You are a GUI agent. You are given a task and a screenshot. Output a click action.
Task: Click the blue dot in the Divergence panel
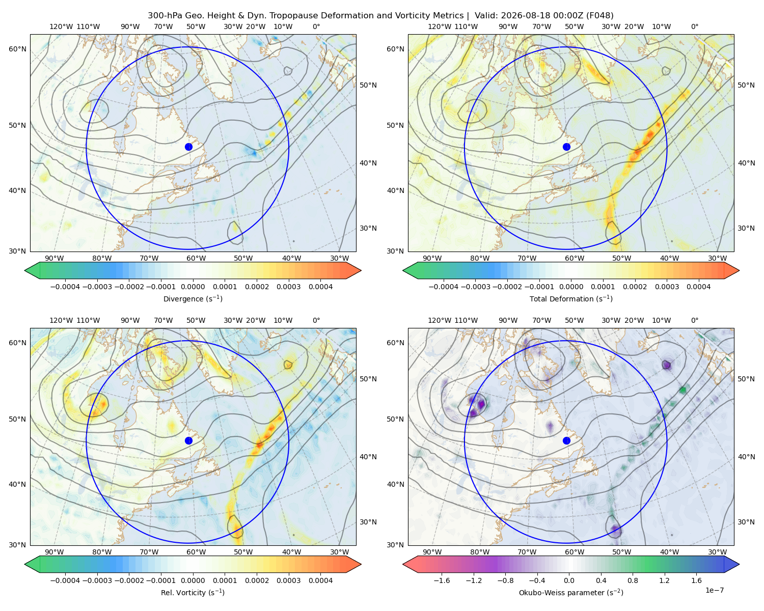188,147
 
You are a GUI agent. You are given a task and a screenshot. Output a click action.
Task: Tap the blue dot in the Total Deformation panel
566,147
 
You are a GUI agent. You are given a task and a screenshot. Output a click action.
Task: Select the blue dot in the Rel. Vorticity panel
188,440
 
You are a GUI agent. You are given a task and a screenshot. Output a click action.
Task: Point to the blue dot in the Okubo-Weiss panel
566,440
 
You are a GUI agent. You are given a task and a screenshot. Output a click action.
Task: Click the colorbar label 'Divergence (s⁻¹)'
193,299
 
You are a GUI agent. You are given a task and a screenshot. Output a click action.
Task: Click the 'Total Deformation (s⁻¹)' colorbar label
571,299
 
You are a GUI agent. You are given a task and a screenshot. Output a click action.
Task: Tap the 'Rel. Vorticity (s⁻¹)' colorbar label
193,593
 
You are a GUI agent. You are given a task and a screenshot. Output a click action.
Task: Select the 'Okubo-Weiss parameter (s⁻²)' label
571,593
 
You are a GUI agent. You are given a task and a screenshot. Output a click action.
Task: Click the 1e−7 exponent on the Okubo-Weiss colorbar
714,590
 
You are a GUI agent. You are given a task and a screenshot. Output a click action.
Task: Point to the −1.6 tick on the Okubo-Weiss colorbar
442,580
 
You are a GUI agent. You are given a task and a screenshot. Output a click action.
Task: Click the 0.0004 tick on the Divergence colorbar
320,287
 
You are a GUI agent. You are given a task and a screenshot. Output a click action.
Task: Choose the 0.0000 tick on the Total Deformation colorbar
571,287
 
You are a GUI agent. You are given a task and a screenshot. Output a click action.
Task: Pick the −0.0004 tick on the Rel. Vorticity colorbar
65,580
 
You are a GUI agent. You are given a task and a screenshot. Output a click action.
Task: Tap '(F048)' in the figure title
600,16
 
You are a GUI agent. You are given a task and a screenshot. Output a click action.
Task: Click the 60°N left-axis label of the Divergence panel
17,49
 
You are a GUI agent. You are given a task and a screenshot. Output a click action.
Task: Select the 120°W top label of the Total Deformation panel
440,26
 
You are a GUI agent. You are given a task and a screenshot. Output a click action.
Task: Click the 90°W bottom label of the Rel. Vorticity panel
54,552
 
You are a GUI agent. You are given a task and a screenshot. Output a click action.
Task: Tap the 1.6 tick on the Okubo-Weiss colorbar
697,580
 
